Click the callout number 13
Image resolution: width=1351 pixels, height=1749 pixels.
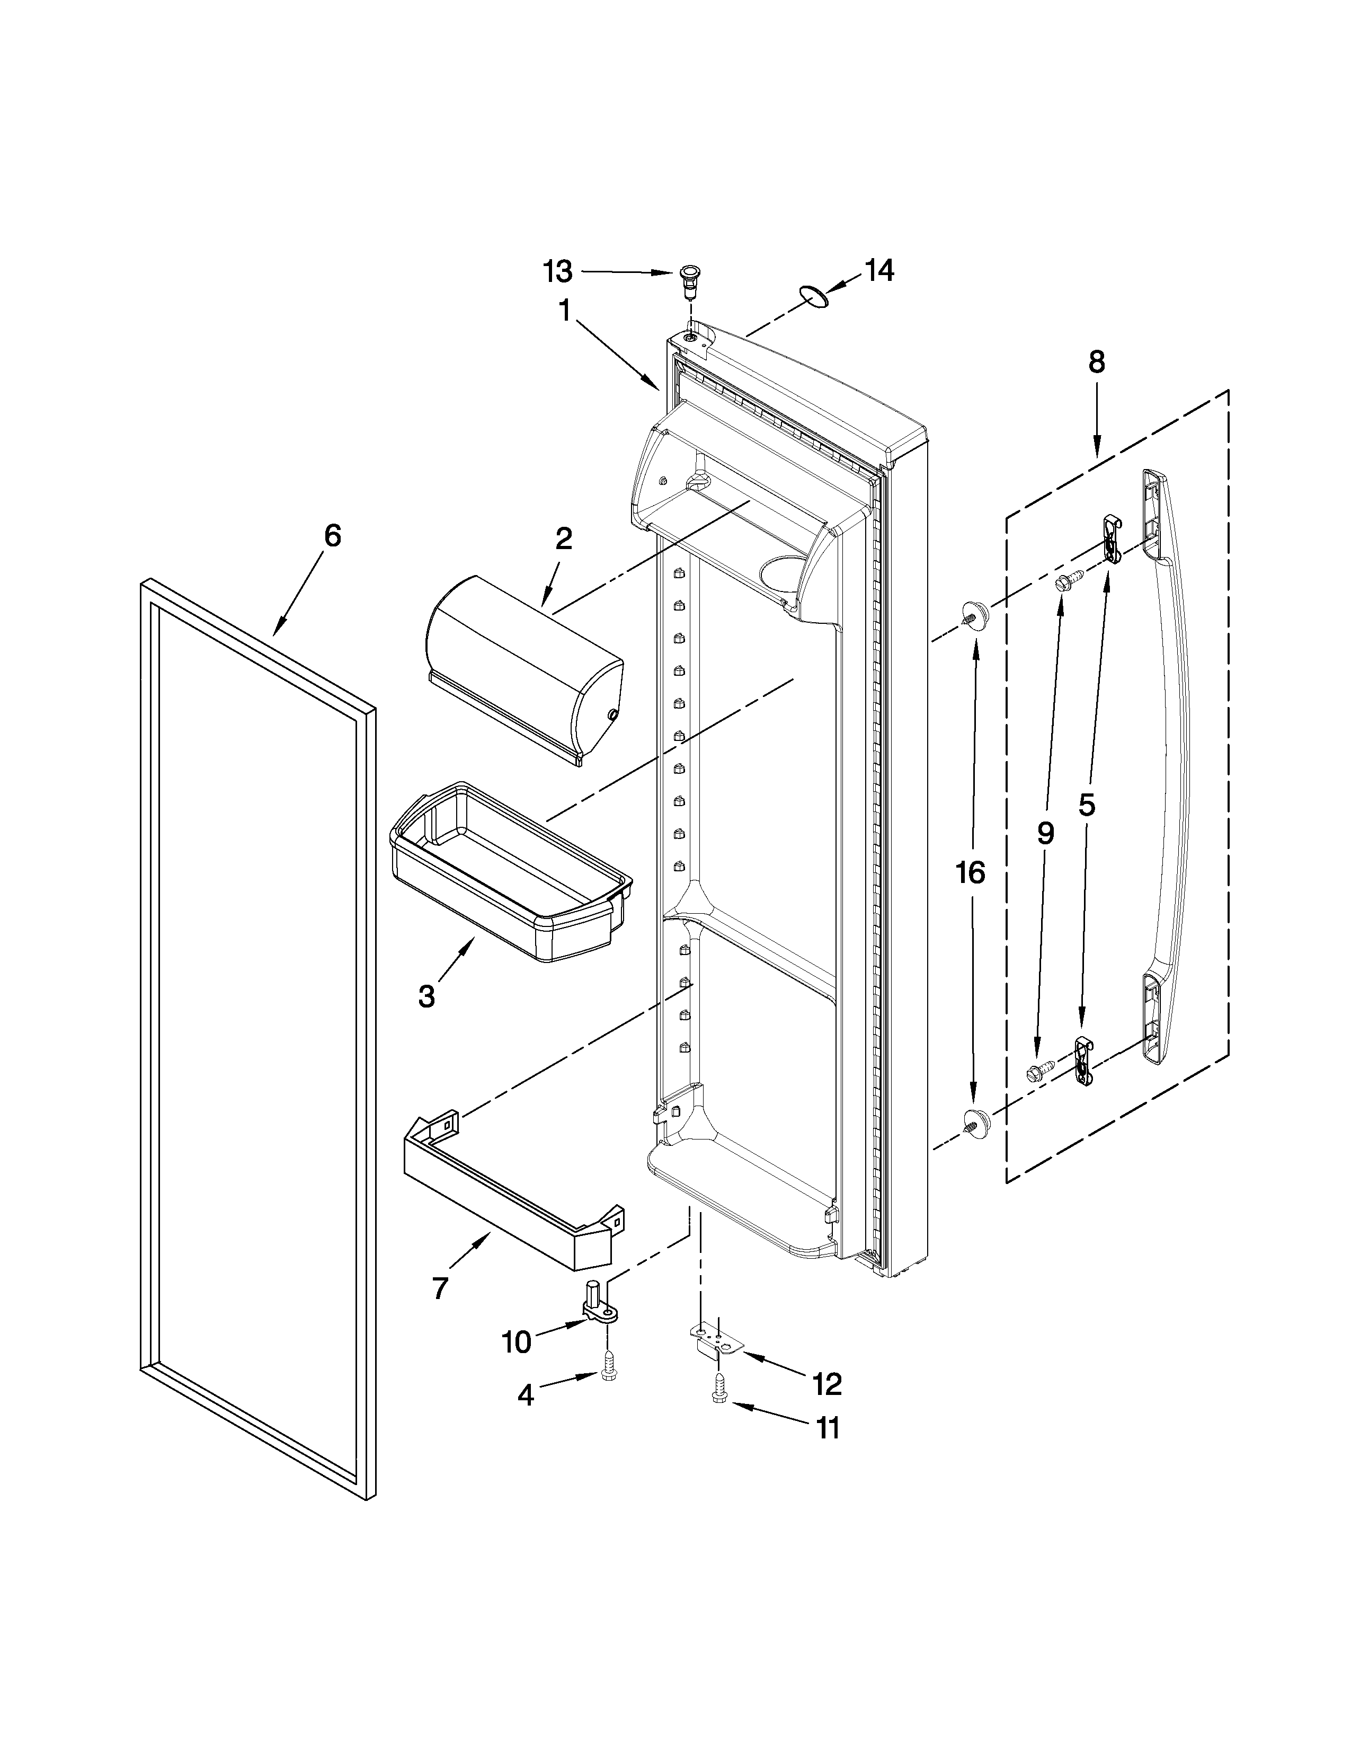(x=558, y=272)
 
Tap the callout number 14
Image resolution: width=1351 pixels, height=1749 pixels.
(x=879, y=271)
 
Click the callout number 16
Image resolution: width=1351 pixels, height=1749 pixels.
(x=970, y=872)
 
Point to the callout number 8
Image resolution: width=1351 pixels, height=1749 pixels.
(x=1096, y=362)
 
